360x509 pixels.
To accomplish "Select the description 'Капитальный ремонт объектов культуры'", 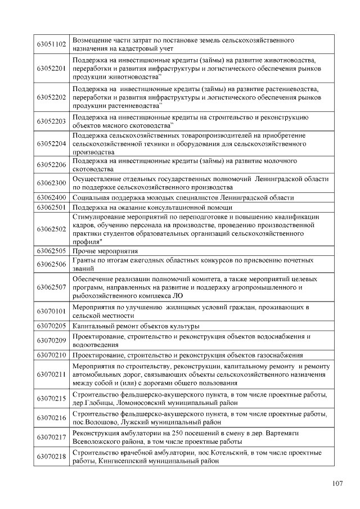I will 136,326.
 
